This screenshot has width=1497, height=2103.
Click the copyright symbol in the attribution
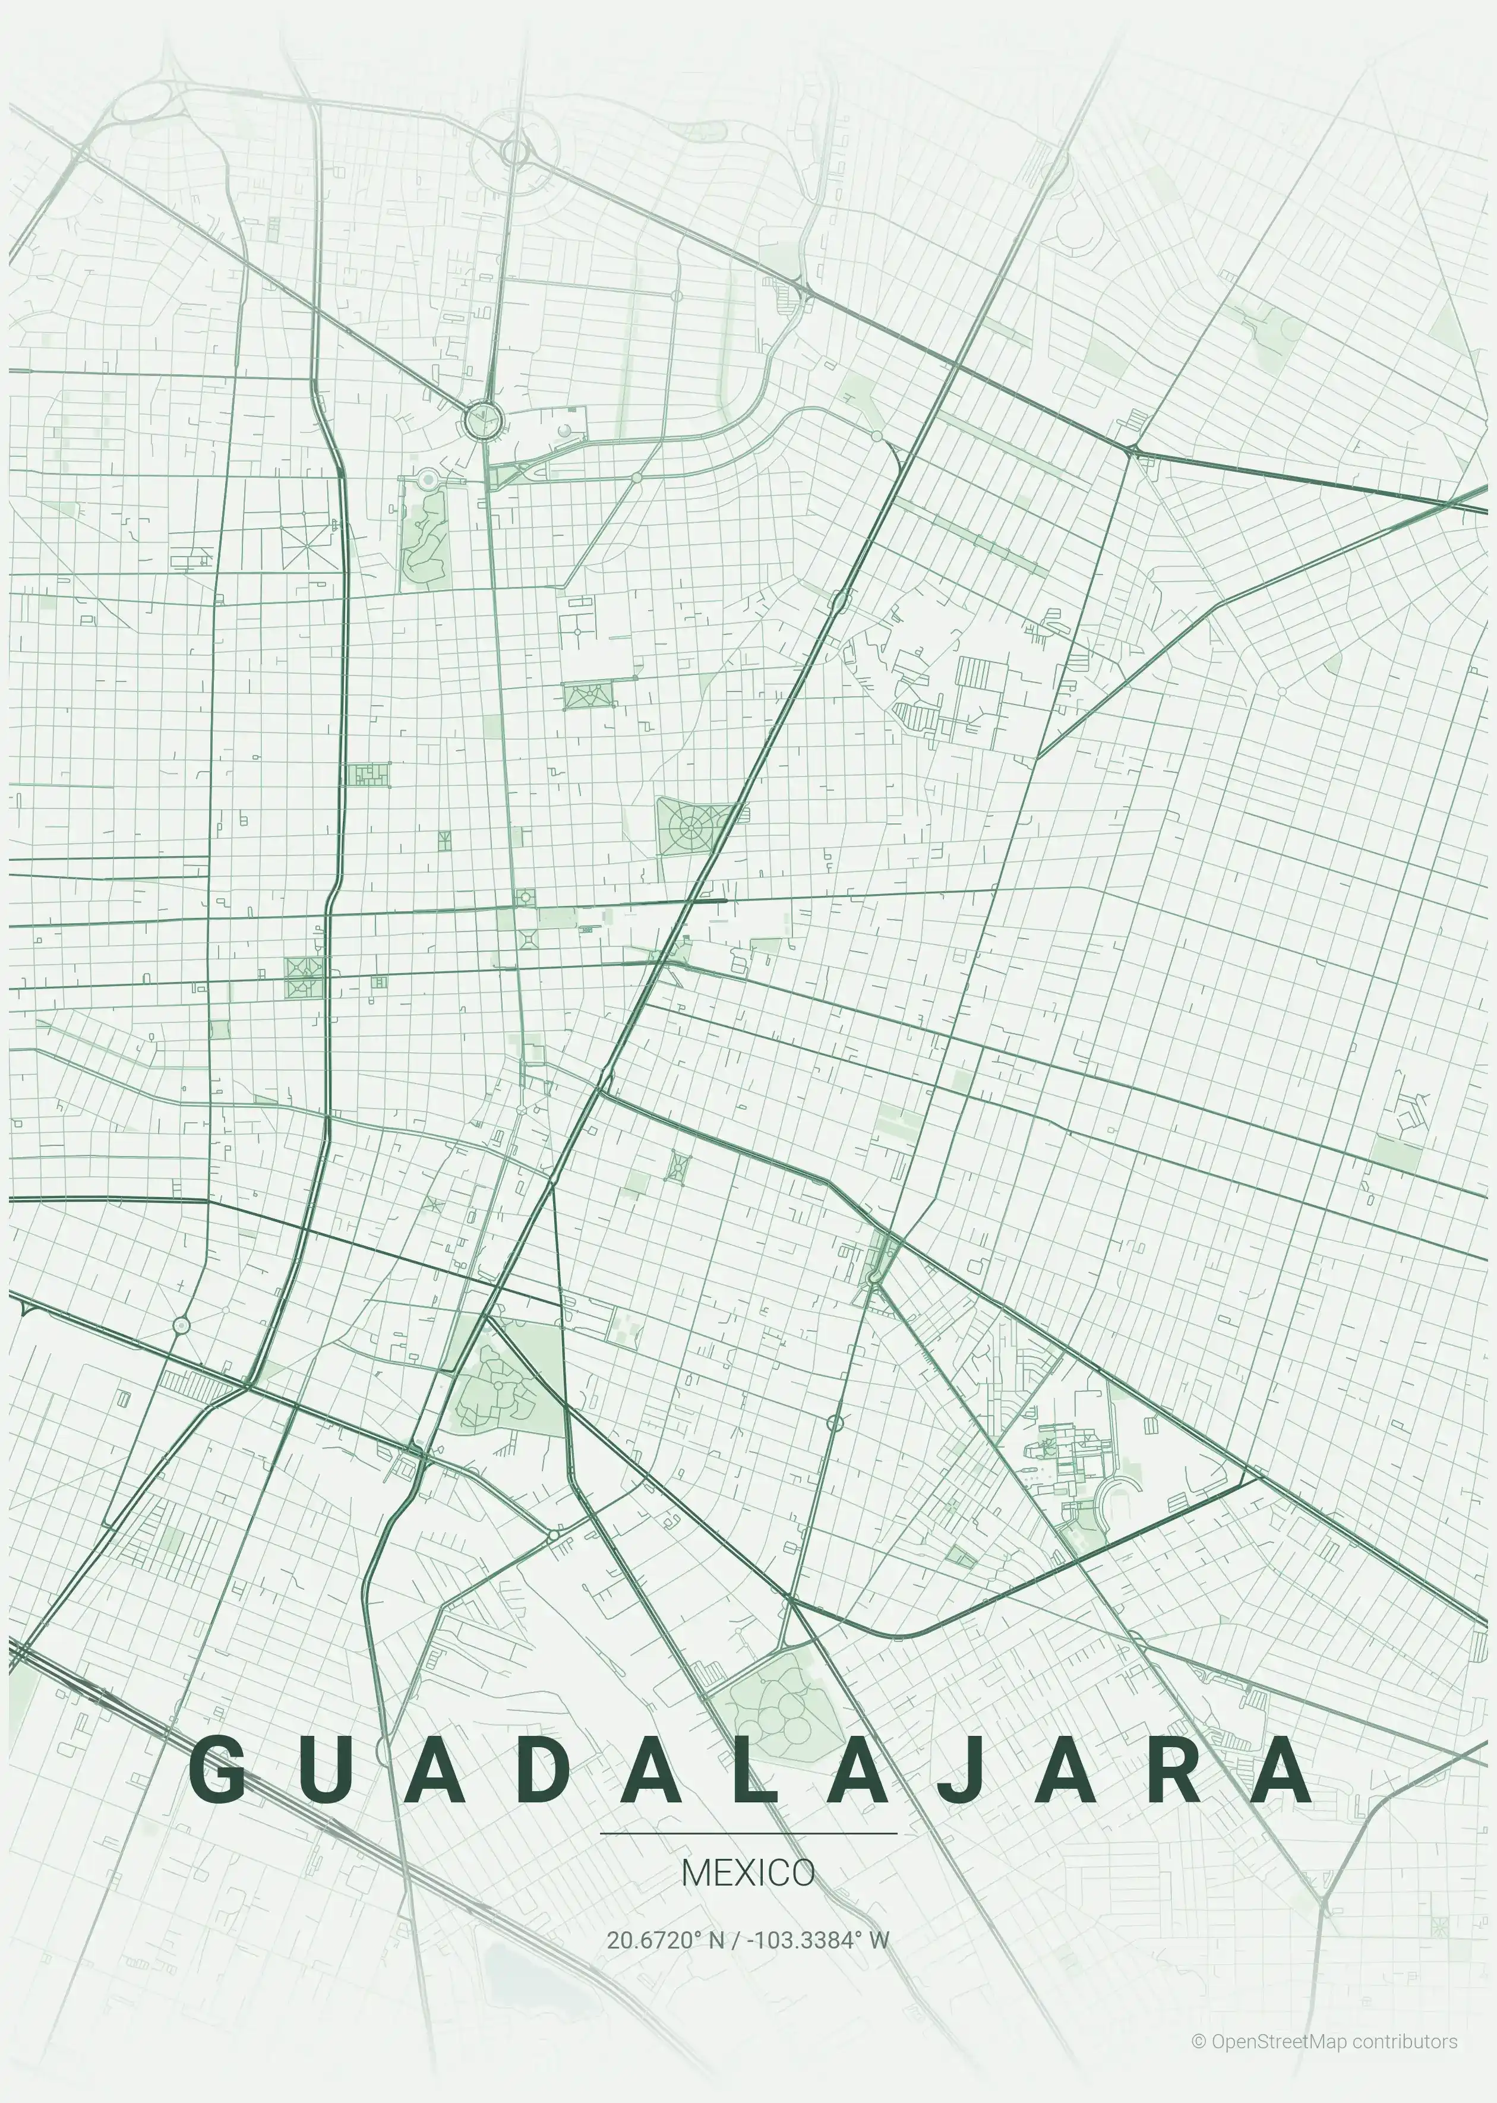[x=1198, y=2041]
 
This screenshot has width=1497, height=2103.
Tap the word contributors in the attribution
[x=1406, y=2041]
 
